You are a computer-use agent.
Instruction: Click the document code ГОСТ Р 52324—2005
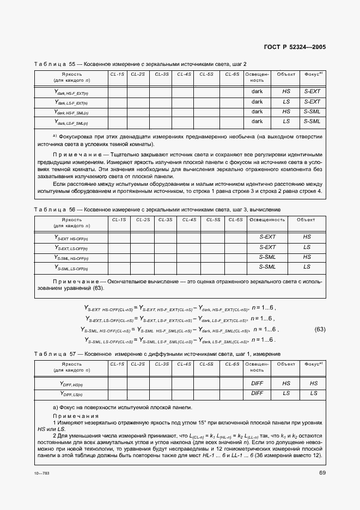pos(295,47)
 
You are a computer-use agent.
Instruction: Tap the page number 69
pos(322,472)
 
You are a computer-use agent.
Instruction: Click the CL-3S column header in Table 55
pos(162,74)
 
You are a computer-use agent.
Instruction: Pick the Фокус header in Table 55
pos(313,74)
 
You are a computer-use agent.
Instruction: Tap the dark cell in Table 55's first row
pos(257,92)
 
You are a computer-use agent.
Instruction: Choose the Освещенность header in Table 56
pos(266,220)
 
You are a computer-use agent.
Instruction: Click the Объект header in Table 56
pos(306,220)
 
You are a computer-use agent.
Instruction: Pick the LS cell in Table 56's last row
pos(307,267)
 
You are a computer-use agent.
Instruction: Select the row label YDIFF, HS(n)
pos(71,384)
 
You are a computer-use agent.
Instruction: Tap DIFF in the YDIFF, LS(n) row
pos(257,393)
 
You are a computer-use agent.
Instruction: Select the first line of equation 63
pos(178,308)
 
